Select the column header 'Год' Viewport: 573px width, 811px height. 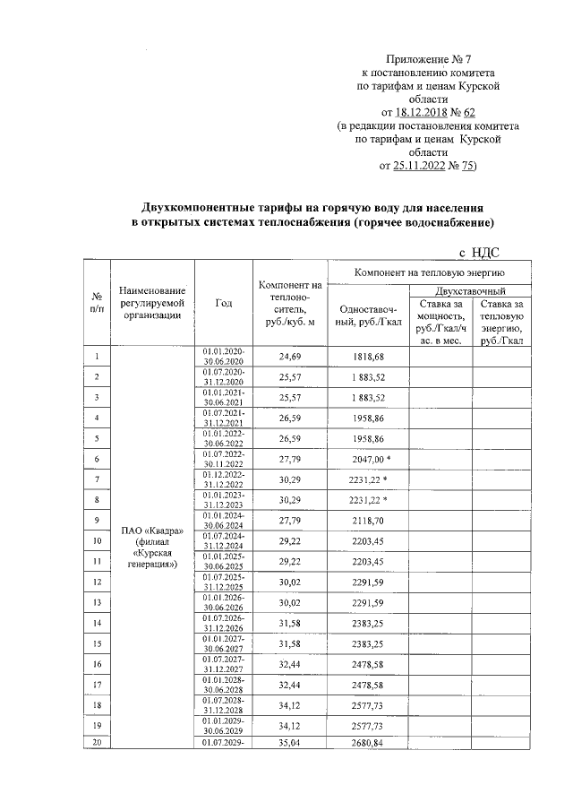pyautogui.click(x=224, y=303)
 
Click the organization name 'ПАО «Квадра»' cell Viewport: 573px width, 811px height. pyautogui.click(x=151, y=531)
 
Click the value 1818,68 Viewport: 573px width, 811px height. pyautogui.click(x=368, y=357)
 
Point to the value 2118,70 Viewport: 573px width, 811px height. pyautogui.click(x=368, y=520)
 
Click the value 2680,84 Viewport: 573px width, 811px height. pyautogui.click(x=368, y=743)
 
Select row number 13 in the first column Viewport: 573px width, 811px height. pyautogui.click(x=96, y=601)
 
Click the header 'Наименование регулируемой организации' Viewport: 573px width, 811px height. pyautogui.click(x=151, y=303)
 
